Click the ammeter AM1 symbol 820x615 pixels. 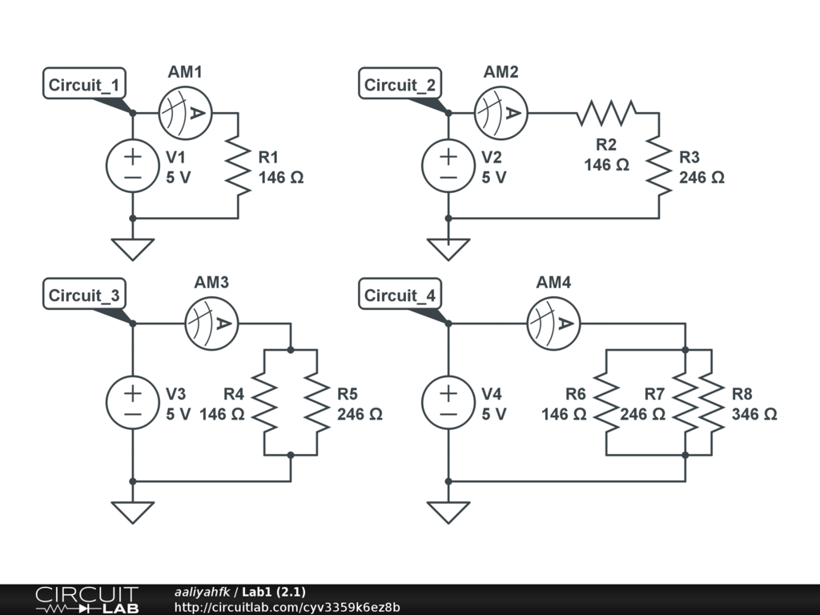pyautogui.click(x=185, y=113)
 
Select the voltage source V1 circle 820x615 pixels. pyautogui.click(x=133, y=166)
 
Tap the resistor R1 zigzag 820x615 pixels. pyautogui.click(x=238, y=165)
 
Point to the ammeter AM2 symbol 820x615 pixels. pyautogui.click(x=500, y=113)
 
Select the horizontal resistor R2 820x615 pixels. pyautogui.click(x=606, y=113)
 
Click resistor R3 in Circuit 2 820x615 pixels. pyautogui.click(x=658, y=165)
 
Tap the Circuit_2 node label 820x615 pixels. pyautogui.click(x=400, y=85)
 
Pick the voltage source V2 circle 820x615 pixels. pyautogui.click(x=448, y=166)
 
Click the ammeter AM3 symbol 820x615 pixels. pyautogui.click(x=211, y=323)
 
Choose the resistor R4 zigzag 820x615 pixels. pyautogui.click(x=264, y=403)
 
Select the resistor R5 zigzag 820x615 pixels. pyautogui.click(x=317, y=403)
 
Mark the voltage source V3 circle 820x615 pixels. pyautogui.click(x=133, y=403)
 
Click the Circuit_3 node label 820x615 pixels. pyautogui.click(x=84, y=295)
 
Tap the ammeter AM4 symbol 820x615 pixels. pyautogui.click(x=553, y=323)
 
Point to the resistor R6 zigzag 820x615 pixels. pyautogui.click(x=606, y=403)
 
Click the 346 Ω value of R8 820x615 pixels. pyautogui.click(x=754, y=414)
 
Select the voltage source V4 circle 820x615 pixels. pyautogui.click(x=448, y=403)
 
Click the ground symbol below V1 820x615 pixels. pyautogui.click(x=133, y=249)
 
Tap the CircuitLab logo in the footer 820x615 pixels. pyautogui.click(x=86, y=600)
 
